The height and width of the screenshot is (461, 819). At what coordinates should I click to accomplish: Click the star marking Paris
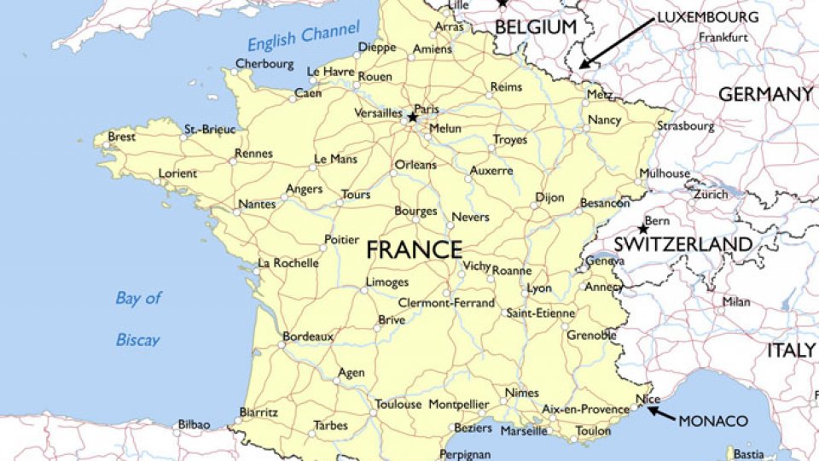point(412,117)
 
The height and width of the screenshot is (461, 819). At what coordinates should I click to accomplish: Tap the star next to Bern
point(642,229)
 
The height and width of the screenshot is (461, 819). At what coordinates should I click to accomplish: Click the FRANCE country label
point(414,250)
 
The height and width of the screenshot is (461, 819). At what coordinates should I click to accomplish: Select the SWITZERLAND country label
point(683,244)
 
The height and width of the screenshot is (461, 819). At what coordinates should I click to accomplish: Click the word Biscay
point(137,340)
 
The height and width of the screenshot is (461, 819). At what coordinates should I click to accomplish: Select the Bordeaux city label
point(307,336)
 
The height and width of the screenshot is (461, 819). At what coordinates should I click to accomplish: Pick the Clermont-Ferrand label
point(446,303)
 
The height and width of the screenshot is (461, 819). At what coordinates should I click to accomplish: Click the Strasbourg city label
point(685,126)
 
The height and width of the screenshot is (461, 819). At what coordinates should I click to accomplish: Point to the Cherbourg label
point(264,64)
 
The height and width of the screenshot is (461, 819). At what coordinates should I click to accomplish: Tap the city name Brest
point(121,137)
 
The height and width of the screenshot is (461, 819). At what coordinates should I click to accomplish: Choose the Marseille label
point(524,431)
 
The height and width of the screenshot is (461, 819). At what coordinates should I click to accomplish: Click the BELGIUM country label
point(536,27)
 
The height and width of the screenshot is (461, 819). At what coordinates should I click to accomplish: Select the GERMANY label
point(765,95)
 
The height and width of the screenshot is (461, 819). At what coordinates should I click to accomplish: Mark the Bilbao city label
point(193,424)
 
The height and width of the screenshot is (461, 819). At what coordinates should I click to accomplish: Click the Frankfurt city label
point(723,38)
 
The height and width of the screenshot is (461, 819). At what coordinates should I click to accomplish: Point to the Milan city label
point(736,301)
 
